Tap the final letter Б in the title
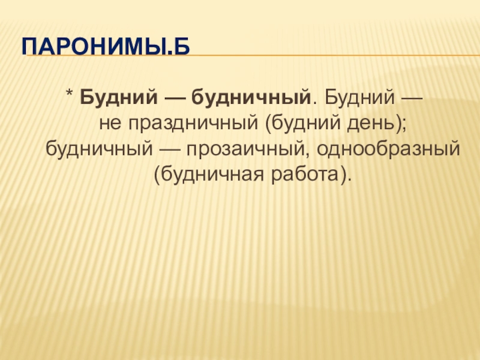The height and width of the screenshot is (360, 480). pyautogui.click(x=182, y=46)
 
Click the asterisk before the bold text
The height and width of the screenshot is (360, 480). pyautogui.click(x=69, y=93)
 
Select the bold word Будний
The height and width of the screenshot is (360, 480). pyautogui.click(x=119, y=97)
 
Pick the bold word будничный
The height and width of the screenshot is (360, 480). pyautogui.click(x=251, y=97)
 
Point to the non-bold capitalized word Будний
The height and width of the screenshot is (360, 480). pyautogui.click(x=359, y=97)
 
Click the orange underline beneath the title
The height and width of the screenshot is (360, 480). pyautogui.click(x=253, y=56)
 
